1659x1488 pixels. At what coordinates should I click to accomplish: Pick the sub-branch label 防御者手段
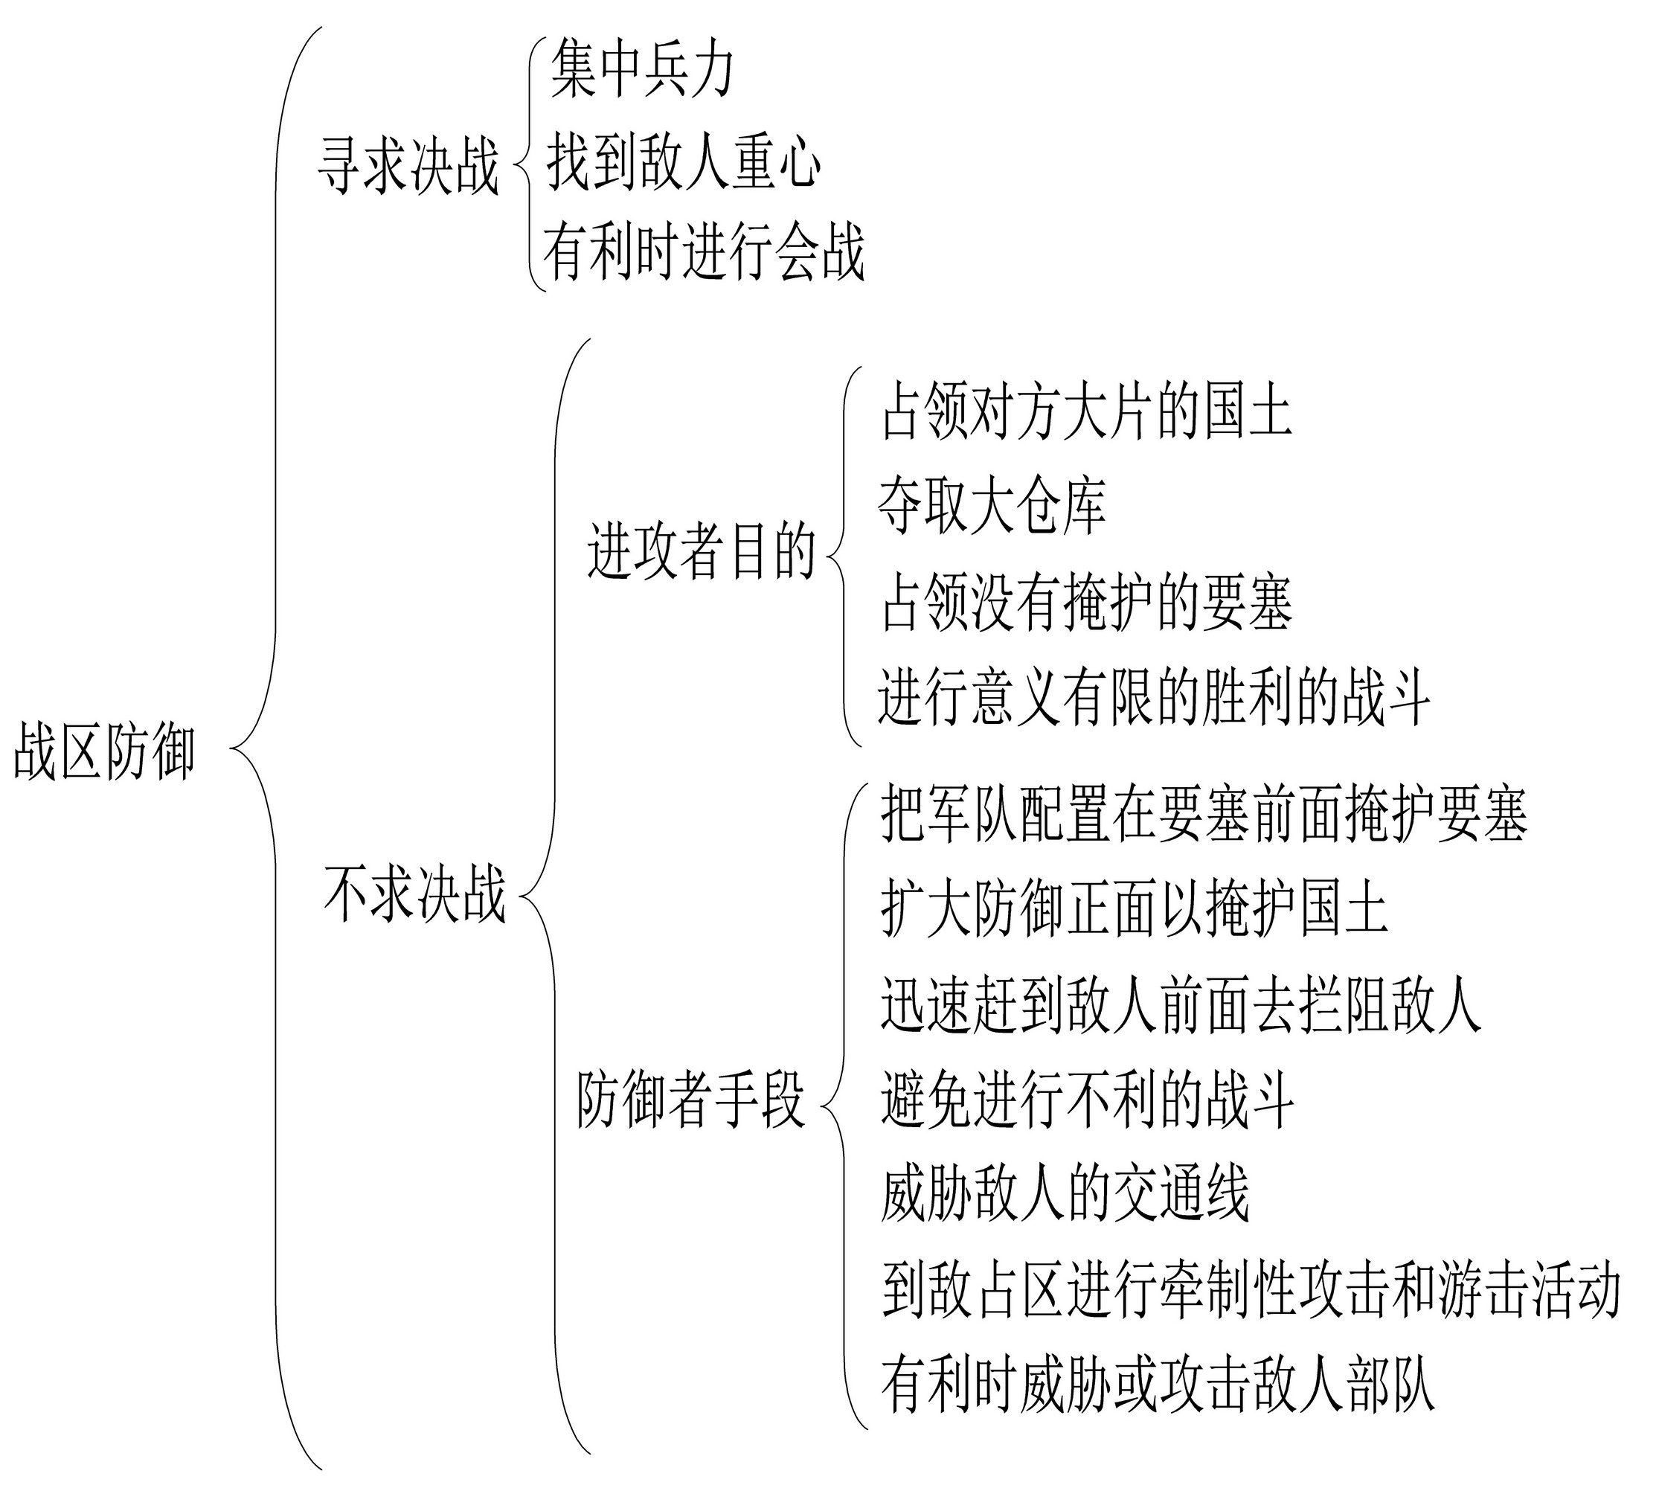tap(692, 1100)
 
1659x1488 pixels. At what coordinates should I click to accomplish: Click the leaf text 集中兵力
tap(642, 71)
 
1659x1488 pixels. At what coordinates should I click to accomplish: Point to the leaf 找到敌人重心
tap(684, 163)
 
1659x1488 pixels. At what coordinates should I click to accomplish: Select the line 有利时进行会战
tap(703, 251)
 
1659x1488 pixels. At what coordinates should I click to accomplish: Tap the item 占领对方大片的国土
tap(1087, 411)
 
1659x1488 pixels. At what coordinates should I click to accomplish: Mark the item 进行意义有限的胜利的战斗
tap(1154, 697)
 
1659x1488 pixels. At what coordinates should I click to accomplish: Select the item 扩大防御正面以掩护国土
tap(1134, 908)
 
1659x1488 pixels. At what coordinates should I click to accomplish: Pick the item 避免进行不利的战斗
tap(1088, 1100)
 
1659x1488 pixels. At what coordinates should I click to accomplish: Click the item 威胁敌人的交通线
tap(1065, 1194)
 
